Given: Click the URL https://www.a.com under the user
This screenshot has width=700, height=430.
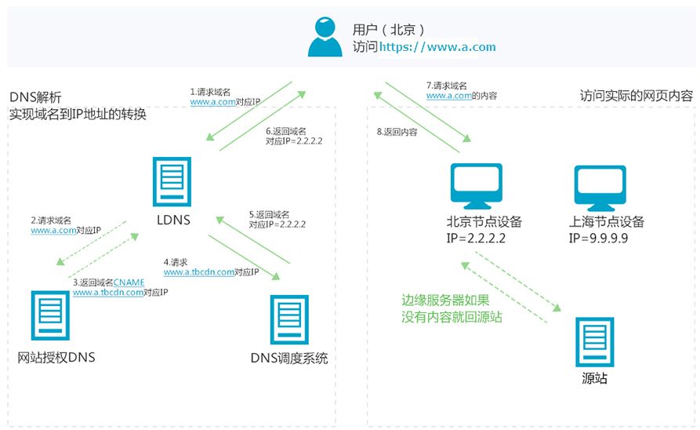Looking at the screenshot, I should pos(437,47).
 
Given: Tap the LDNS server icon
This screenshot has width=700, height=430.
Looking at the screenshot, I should pos(172,180).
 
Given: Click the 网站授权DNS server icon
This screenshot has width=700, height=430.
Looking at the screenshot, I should pos(49,319).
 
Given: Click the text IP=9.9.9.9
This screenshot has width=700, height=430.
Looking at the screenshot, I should pos(600,236).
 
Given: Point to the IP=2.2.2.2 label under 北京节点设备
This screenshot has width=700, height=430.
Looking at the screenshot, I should pos(476,236).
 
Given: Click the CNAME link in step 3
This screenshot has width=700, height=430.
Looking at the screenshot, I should pos(129,282).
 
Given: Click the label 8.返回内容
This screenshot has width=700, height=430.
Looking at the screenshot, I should pos(397,133).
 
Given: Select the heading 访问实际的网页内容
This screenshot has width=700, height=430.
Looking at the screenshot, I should pos(636,96).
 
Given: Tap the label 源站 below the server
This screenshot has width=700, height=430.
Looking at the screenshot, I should pos(594,379).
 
